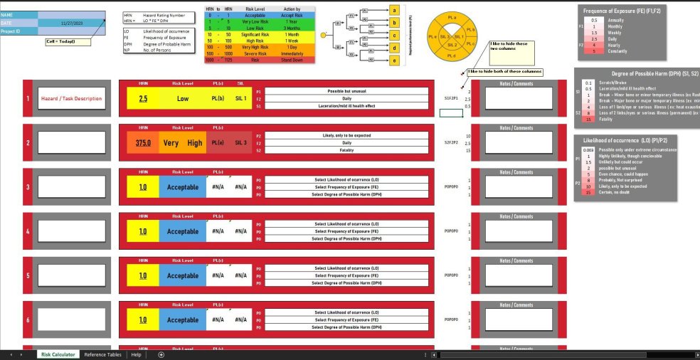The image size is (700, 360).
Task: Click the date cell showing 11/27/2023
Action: [72, 23]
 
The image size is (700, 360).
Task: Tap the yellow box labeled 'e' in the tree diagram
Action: [394, 60]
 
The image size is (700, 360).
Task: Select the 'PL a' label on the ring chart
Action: [452, 16]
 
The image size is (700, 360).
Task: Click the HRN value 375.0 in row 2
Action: [143, 142]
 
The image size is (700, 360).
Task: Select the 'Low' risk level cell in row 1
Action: [183, 99]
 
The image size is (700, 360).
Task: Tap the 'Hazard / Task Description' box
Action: [71, 99]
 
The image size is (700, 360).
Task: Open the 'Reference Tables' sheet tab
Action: [102, 354]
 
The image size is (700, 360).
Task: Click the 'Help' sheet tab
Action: [136, 354]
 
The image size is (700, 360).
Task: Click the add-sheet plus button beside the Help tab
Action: [161, 354]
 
